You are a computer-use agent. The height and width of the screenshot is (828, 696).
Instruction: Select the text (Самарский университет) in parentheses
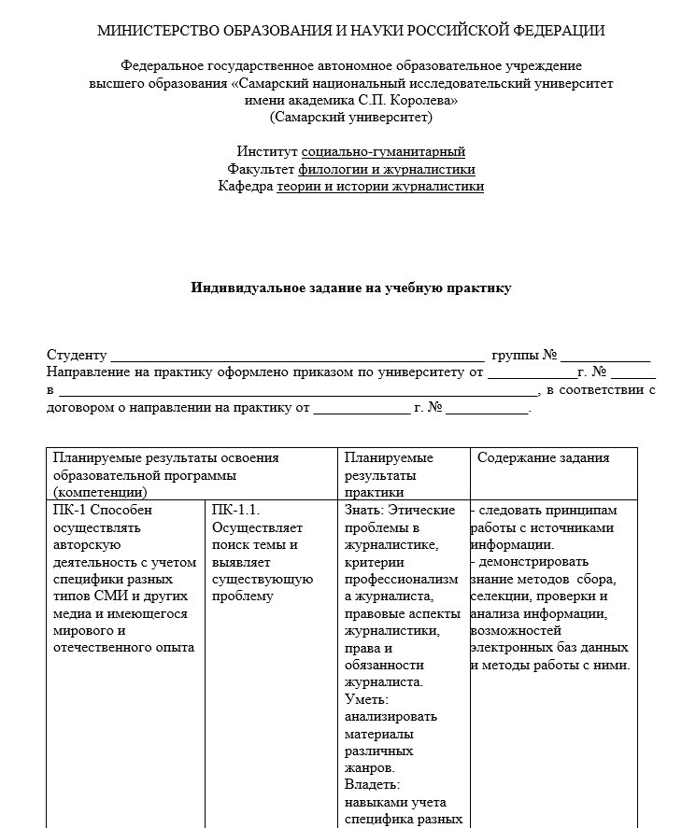coord(351,117)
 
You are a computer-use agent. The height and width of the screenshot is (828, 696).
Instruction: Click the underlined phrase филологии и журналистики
coord(387,169)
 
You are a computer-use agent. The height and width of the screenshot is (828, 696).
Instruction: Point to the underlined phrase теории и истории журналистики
coord(380,187)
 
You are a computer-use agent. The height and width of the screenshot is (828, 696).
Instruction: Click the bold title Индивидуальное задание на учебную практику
coord(351,288)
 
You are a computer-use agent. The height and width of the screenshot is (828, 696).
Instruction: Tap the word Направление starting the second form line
coord(90,372)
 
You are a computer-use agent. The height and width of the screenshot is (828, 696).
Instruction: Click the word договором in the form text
coord(78,408)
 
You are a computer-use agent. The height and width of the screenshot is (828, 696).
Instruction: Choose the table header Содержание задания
coord(544,458)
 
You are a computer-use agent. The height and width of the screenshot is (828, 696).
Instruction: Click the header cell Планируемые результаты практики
coord(390,474)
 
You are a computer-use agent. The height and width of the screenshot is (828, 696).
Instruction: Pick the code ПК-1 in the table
coord(70,510)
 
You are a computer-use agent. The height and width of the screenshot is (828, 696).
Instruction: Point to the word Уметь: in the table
coord(366,699)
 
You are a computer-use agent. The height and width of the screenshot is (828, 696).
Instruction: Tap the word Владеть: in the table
coord(371,785)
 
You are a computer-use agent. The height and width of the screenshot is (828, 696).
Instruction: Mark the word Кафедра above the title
coord(245,187)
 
